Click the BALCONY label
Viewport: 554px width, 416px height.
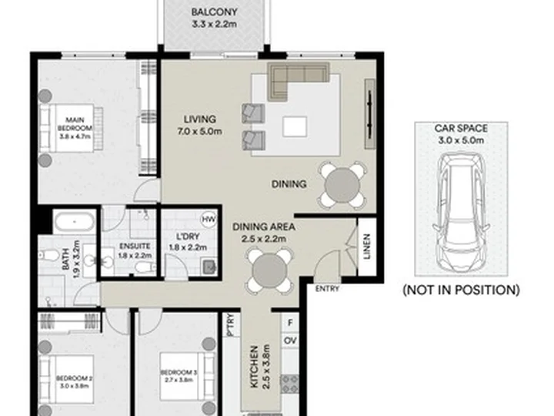[214, 12]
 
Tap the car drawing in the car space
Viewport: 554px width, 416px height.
[461, 213]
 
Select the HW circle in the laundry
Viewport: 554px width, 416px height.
[209, 220]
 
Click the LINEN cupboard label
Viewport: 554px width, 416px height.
[367, 247]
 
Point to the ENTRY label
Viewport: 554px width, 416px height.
[327, 289]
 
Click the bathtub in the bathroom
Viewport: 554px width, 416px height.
[75, 222]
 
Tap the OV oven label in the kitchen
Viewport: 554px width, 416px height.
[290, 341]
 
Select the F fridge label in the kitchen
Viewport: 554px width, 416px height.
[290, 323]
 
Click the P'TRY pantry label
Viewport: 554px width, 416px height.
[231, 324]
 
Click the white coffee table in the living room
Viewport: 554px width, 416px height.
[294, 127]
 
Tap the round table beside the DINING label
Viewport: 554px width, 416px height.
[342, 186]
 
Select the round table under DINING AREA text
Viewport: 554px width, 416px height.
[270, 271]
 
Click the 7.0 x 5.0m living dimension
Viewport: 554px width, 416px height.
[199, 131]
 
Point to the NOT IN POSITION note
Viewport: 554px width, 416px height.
[461, 290]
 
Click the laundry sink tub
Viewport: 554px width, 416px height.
[209, 267]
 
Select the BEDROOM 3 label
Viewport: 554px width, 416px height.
[179, 376]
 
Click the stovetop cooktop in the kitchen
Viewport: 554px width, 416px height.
[290, 384]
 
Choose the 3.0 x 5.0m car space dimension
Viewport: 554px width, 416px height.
[461, 140]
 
